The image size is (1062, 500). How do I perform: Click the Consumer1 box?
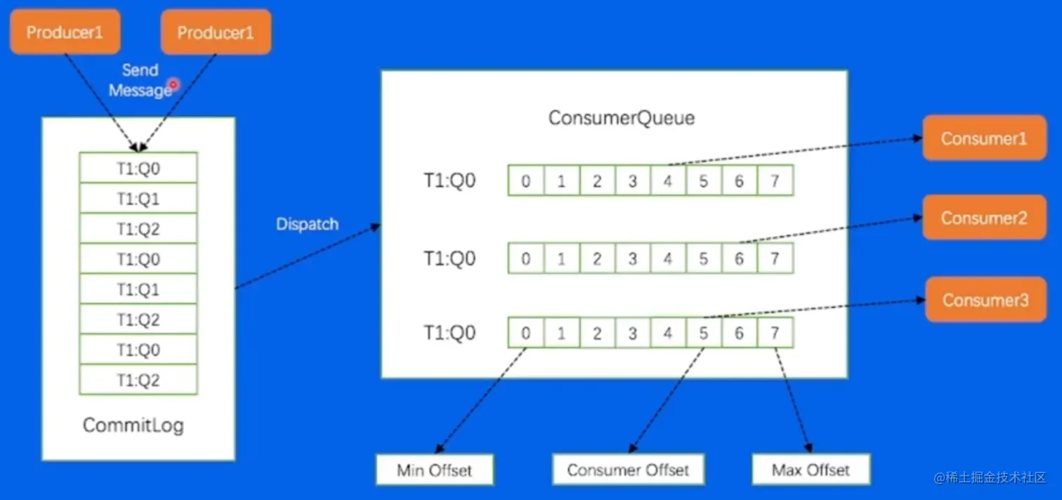tap(983, 138)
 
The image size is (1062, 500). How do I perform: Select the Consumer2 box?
tap(983, 218)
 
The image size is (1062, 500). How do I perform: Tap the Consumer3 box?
tap(985, 300)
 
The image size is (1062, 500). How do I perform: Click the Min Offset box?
tap(434, 470)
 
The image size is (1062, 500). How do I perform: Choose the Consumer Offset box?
tap(627, 470)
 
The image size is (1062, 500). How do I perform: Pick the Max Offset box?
tap(811, 470)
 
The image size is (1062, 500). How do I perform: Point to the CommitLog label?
tap(133, 425)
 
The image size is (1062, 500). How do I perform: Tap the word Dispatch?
tap(307, 224)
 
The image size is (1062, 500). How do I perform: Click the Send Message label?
tap(139, 80)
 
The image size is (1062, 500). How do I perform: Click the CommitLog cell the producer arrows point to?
tap(138, 168)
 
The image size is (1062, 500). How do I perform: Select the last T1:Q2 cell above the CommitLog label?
tap(138, 380)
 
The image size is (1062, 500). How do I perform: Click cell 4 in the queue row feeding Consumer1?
tap(667, 181)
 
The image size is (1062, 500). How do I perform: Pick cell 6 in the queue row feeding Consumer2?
tap(739, 258)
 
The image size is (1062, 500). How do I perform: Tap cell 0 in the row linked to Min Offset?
tap(525, 332)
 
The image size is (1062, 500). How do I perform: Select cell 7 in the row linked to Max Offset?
tap(775, 332)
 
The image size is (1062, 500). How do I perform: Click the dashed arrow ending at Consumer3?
tap(815, 308)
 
